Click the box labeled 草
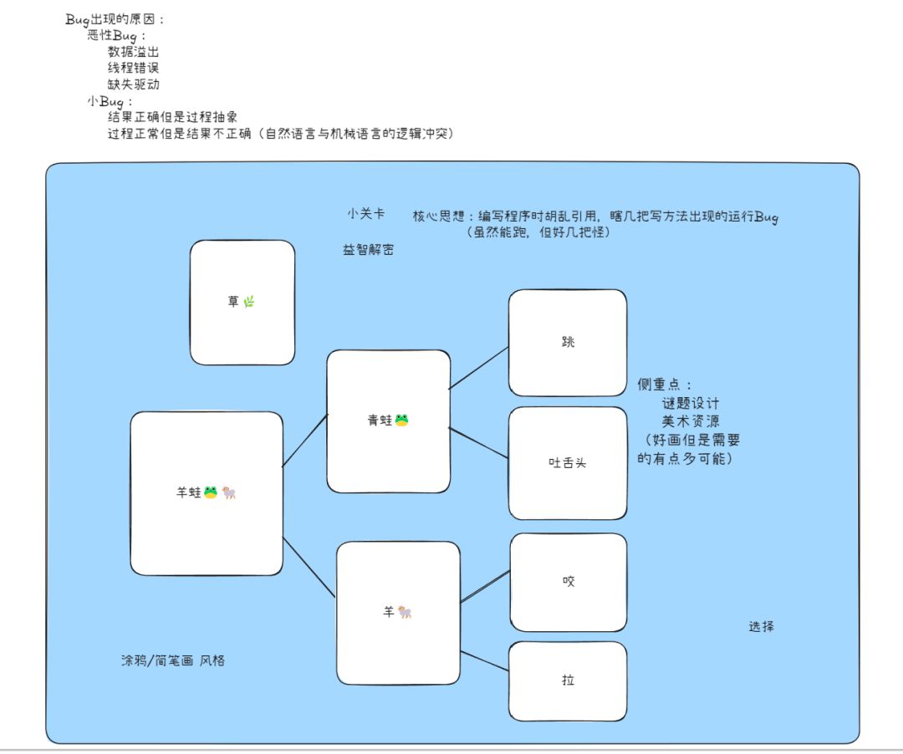pos(242,303)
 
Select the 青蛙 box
pos(389,421)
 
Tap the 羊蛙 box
pos(207,493)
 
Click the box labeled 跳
pos(568,343)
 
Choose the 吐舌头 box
pos(568,463)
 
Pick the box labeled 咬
pos(569,582)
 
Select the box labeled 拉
pos(568,681)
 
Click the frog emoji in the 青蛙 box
pos(402,420)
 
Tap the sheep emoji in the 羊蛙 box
pos(229,492)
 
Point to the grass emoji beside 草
pos(249,302)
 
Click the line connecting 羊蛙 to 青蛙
pos(305,441)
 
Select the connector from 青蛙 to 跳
pos(479,368)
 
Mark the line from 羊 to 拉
pos(485,661)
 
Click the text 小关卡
pos(366,213)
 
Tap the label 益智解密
pos(369,250)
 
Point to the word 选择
pos(762,626)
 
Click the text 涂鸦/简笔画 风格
pos(173,660)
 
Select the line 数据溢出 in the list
pos(133,52)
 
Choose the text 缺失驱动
pos(134,84)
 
